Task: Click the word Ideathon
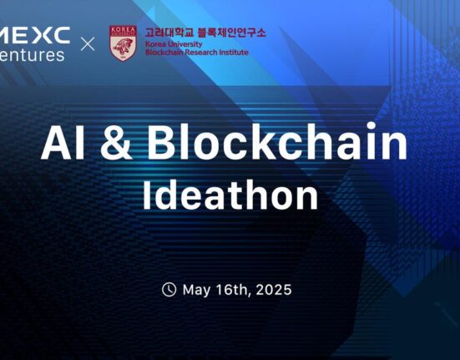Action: coord(230,195)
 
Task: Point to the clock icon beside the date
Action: coord(169,290)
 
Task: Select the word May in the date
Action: coord(196,290)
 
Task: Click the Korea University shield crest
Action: coord(123,43)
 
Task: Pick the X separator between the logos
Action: coord(88,43)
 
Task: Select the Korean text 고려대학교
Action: coord(169,33)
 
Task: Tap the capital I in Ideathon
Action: coord(148,195)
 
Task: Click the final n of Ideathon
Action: coord(306,199)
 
